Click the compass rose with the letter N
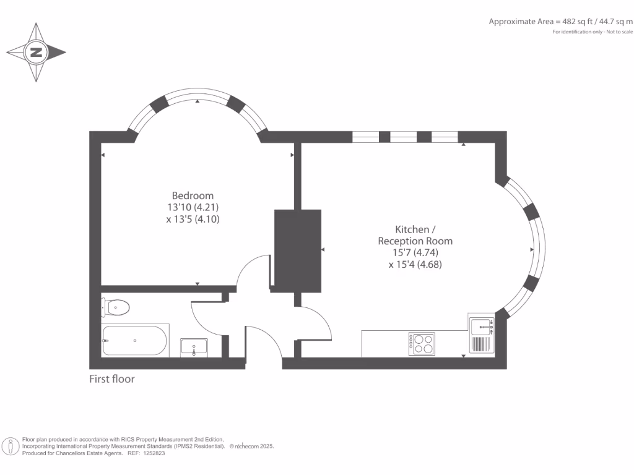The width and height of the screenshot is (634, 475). [36, 53]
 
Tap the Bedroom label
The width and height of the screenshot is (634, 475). [193, 195]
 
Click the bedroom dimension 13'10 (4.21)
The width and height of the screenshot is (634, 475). [193, 207]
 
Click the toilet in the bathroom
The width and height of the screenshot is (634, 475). [115, 306]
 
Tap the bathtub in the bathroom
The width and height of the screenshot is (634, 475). [134, 340]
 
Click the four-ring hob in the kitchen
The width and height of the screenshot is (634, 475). [422, 343]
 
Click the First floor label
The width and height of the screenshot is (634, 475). [112, 379]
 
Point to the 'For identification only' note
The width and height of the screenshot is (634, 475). [593, 32]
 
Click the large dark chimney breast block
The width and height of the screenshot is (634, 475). [298, 250]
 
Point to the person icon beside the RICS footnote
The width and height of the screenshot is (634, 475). [11, 446]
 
